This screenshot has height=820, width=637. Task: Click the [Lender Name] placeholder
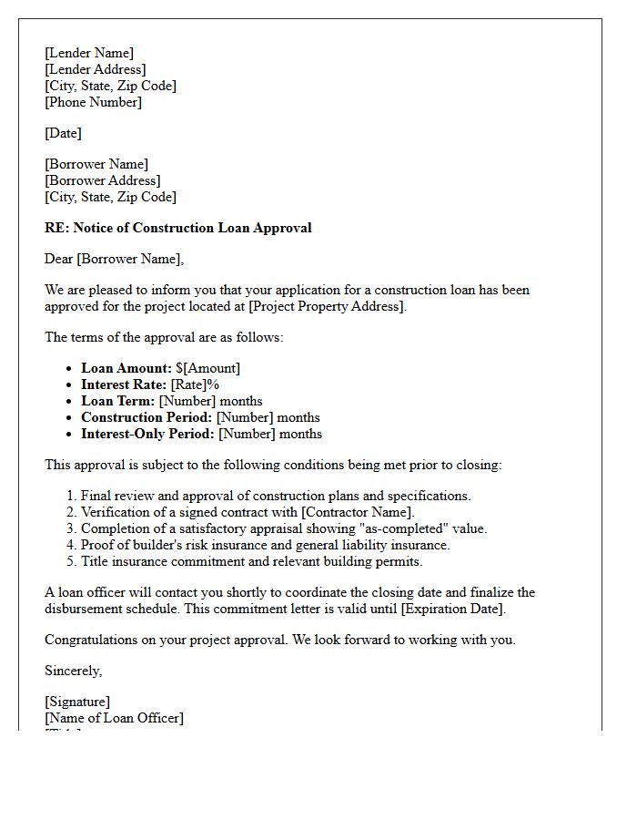[89, 53]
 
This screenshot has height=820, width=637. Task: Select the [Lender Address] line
[95, 69]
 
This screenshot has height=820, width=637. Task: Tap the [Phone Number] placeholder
[93, 102]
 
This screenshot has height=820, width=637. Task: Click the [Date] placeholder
[63, 133]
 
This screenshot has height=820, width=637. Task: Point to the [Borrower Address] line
[102, 180]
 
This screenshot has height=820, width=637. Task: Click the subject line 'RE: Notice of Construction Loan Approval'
[177, 228]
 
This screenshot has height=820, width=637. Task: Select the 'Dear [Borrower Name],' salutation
[114, 259]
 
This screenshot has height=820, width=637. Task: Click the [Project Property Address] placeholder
[327, 306]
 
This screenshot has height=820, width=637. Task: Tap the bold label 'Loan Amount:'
[126, 368]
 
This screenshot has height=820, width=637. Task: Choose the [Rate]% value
[195, 384]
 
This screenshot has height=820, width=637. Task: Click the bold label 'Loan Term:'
[118, 401]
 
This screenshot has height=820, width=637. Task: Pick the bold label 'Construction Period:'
[147, 417]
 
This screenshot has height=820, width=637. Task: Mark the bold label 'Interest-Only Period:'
[147, 434]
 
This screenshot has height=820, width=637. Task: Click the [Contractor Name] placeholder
[357, 512]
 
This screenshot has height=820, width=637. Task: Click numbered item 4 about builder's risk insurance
[265, 545]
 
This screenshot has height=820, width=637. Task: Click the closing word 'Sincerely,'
[74, 671]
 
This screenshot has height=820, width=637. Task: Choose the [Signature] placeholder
[77, 702]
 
